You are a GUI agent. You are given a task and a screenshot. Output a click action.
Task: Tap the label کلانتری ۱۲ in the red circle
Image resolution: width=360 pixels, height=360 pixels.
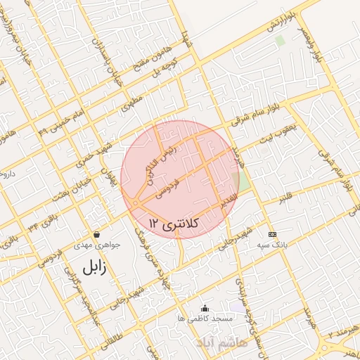175,224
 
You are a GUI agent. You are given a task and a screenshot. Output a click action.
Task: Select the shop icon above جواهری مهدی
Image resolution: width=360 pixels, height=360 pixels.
96,234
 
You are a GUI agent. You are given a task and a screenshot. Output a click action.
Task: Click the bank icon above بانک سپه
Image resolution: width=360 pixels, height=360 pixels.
272,233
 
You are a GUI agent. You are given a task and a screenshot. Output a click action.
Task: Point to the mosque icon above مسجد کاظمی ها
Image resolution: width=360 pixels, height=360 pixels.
205,307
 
